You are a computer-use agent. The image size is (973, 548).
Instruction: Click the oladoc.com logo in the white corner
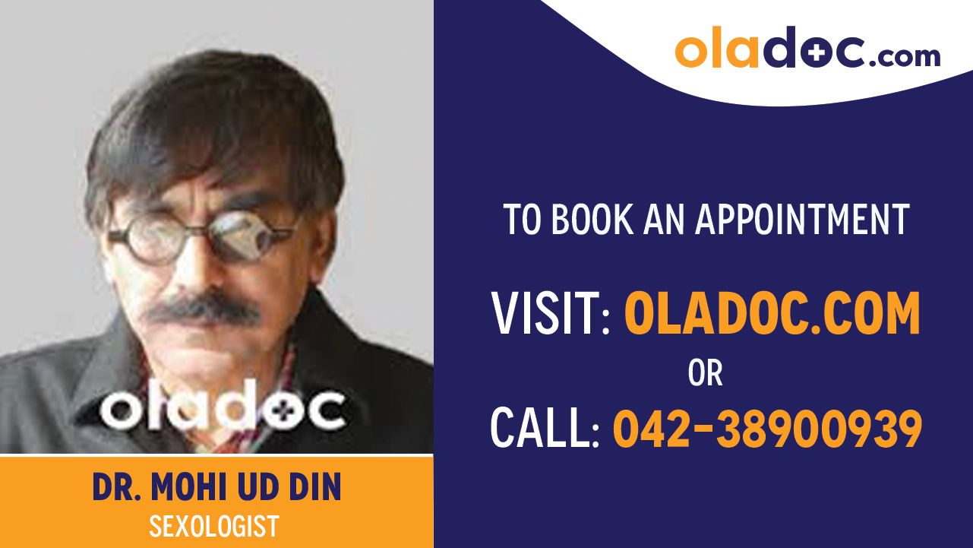pos(807,49)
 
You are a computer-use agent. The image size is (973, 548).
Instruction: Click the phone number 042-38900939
pos(767,428)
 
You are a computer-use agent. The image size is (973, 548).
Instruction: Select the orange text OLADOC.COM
pos(772,314)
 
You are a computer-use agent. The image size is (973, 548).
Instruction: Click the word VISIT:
pos(551,314)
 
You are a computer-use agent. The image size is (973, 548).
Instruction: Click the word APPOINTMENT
pos(802,220)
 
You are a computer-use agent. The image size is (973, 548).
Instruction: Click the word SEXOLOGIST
pos(214,525)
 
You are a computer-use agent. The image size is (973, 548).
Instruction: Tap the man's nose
pos(200,266)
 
